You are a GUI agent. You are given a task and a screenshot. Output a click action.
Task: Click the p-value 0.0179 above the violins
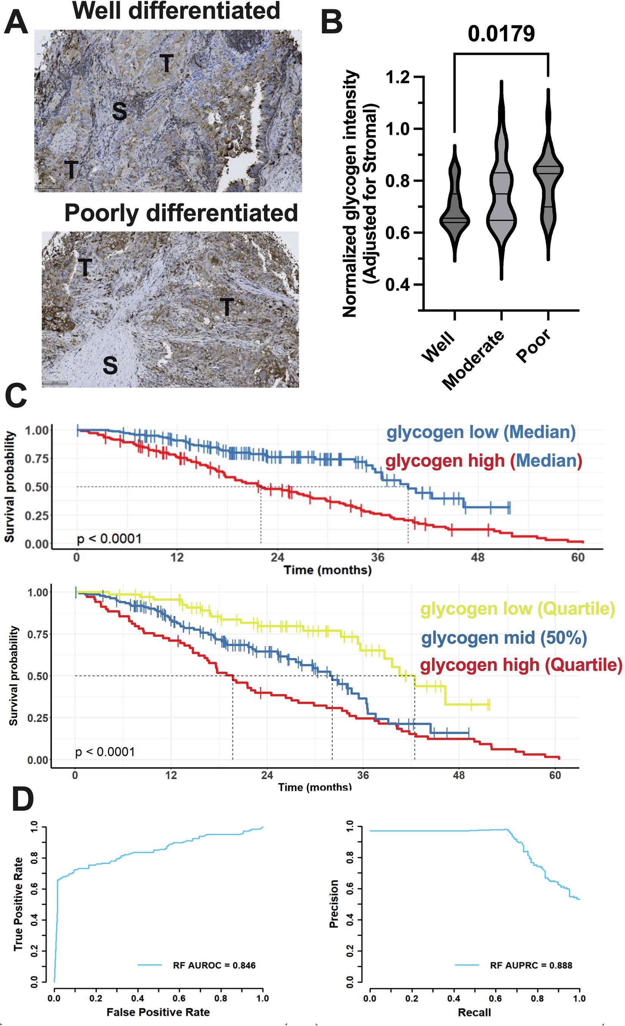coord(501,34)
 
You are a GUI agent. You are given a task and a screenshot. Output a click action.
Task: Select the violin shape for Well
coord(454,208)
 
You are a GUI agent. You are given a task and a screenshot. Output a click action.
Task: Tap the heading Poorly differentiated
coord(181,213)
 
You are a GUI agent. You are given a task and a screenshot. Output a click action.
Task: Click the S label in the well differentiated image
coord(119,112)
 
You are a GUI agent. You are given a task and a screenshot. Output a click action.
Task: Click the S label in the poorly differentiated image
coord(110,365)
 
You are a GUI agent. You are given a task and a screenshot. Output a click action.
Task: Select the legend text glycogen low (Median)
coord(481,432)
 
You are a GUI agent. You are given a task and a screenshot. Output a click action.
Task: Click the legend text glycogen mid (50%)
coord(504,638)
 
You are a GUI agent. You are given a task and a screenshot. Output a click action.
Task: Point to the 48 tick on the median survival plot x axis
coord(478,557)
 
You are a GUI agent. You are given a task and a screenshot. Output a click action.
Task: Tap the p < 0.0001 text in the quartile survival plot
coord(105,752)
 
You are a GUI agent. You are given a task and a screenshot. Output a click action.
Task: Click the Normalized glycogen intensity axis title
coord(350,193)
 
